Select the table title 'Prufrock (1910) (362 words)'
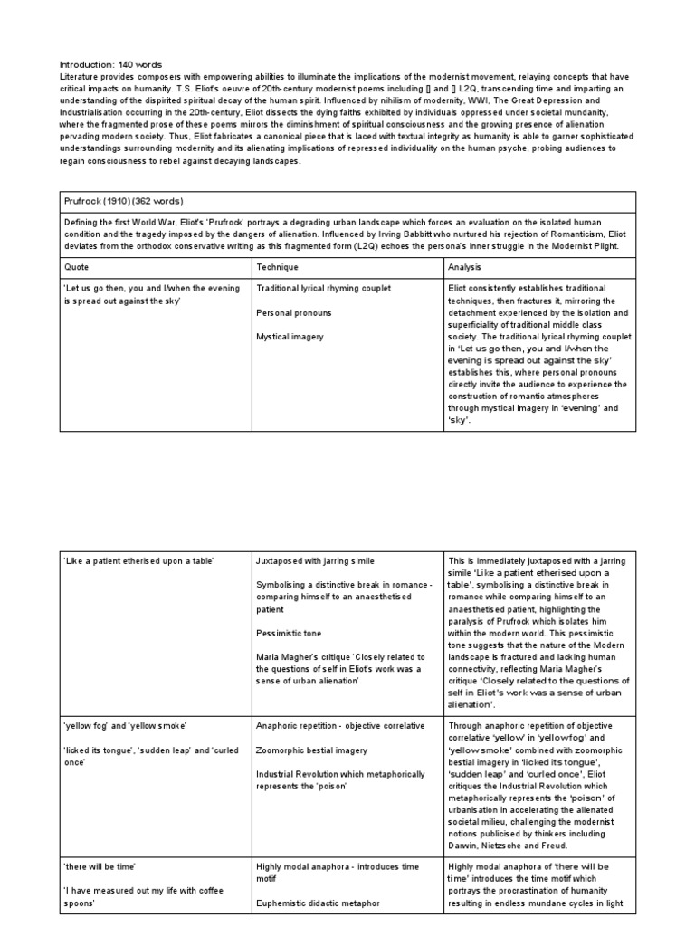[x=116, y=201]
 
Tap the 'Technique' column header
[x=278, y=268]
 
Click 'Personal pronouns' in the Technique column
[x=294, y=312]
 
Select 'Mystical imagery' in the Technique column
[x=290, y=337]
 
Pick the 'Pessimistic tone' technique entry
[x=289, y=634]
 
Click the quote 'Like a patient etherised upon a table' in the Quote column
[x=138, y=561]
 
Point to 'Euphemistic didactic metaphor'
[x=318, y=903]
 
